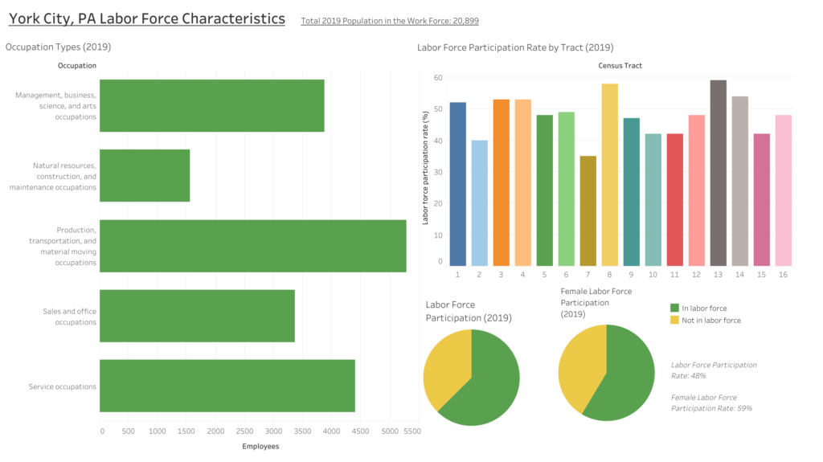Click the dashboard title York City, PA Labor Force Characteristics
(x=146, y=18)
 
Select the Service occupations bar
(x=227, y=386)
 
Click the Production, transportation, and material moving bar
(x=252, y=246)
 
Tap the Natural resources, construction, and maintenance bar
(x=145, y=175)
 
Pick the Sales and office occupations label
(x=69, y=317)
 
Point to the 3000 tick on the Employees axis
(x=272, y=431)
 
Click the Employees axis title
(x=260, y=446)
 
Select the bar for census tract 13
(x=718, y=173)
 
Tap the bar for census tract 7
(x=588, y=211)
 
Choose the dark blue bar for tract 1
(x=457, y=184)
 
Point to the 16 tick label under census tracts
(x=783, y=275)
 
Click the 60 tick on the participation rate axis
(x=438, y=78)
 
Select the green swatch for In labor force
(x=674, y=308)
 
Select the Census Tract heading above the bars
(x=620, y=65)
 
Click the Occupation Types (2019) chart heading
(x=58, y=47)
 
